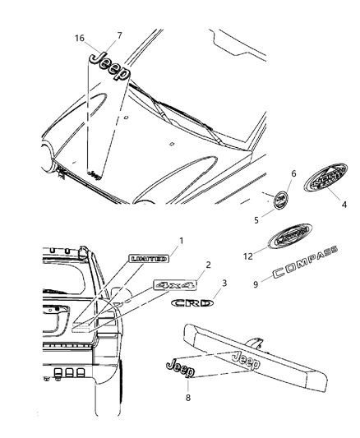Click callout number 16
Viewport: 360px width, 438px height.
pos(79,39)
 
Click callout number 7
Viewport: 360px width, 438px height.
pos(119,35)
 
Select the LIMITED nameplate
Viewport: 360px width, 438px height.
pos(148,259)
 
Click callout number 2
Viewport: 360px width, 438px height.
pos(208,265)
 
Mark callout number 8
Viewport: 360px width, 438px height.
pos(191,395)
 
